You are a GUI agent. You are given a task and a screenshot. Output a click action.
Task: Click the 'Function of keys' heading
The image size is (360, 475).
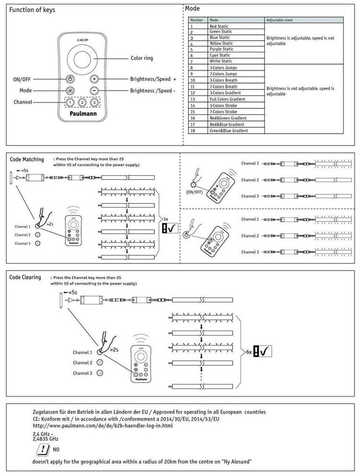(x=32, y=10)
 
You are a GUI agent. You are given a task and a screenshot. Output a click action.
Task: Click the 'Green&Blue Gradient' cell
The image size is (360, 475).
(x=229, y=131)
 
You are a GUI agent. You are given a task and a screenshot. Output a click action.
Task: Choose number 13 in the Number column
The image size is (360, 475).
(x=192, y=99)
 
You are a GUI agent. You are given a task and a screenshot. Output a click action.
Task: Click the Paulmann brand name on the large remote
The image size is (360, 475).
(x=82, y=114)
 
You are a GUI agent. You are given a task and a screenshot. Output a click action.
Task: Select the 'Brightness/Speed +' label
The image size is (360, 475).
(x=153, y=79)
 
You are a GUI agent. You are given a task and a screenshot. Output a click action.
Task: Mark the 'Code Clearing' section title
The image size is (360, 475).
(x=25, y=277)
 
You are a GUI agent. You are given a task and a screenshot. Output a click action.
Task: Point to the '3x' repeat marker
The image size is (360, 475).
(x=165, y=219)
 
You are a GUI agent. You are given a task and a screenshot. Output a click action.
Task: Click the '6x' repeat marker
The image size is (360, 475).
(x=248, y=352)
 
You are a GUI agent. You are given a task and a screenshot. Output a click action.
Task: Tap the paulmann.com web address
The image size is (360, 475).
(x=102, y=426)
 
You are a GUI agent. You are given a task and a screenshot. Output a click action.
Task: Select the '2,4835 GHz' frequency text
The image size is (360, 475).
(x=45, y=438)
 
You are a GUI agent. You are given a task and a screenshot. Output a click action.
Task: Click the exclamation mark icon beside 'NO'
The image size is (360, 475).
(x=41, y=449)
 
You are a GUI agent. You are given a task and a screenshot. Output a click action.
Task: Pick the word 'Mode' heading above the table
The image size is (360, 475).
(x=193, y=8)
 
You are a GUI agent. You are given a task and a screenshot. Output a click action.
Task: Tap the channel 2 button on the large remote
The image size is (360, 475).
(x=82, y=102)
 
